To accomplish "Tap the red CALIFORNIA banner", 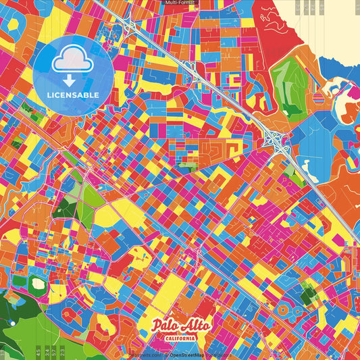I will [180, 338].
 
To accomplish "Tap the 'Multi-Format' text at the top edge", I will [180, 3].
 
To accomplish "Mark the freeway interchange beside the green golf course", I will [276, 138].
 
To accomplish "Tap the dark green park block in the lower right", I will [308, 294].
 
